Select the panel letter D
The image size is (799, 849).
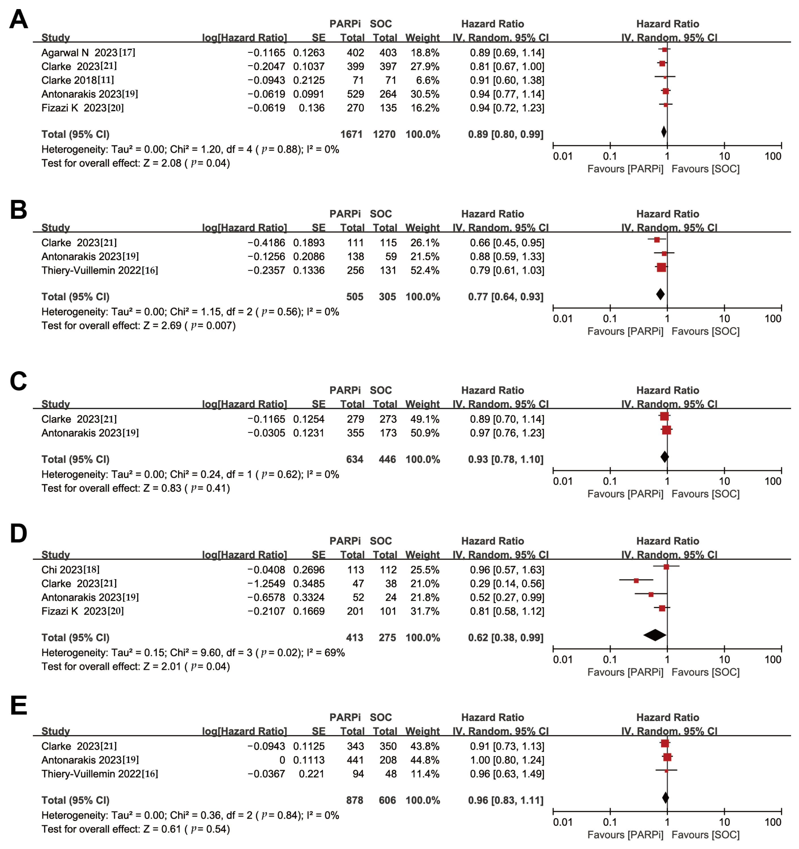(x=18, y=533)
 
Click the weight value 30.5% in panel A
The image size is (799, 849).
(x=424, y=94)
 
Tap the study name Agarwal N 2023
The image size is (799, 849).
(x=88, y=52)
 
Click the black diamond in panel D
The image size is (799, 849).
(x=654, y=635)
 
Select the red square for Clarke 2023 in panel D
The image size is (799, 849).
(x=636, y=581)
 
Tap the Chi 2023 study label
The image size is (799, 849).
(x=70, y=570)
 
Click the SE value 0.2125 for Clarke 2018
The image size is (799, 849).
(x=309, y=80)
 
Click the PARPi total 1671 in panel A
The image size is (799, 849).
(x=351, y=135)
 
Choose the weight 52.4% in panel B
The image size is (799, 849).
(x=424, y=270)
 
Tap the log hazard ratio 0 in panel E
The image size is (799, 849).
(x=282, y=760)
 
